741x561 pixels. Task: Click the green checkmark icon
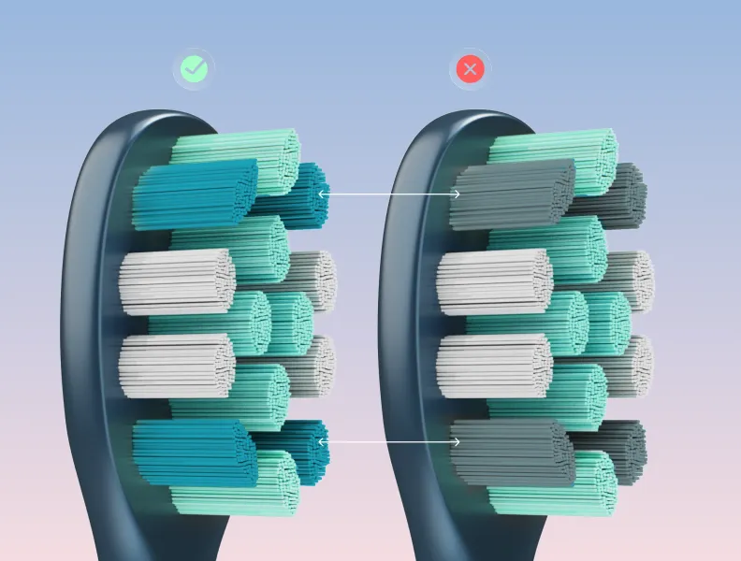(x=194, y=68)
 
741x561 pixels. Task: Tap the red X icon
(x=470, y=68)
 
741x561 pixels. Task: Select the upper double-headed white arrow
(x=389, y=194)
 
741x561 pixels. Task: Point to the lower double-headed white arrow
(x=389, y=439)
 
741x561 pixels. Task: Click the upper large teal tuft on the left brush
(x=194, y=194)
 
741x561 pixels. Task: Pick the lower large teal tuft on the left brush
(x=194, y=453)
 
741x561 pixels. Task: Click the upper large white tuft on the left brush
(x=175, y=281)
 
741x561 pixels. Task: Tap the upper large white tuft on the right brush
(x=493, y=281)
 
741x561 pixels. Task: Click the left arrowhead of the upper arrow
(x=322, y=194)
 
